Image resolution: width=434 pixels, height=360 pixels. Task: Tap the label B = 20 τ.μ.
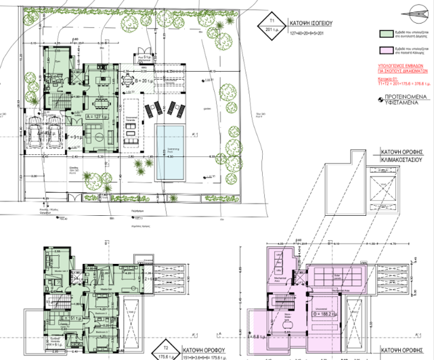pyautogui.click(x=144, y=81)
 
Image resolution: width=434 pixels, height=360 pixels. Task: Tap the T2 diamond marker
pyautogui.click(x=162, y=350)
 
